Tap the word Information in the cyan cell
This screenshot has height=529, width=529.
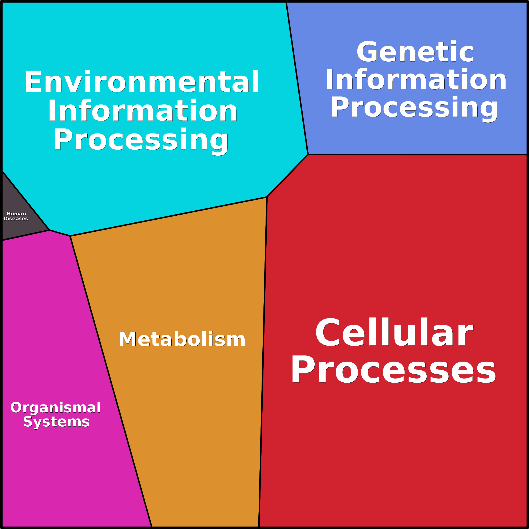pos(142,111)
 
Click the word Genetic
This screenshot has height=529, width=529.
pos(415,52)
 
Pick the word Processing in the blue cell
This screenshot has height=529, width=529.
pos(414,108)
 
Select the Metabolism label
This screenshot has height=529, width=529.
pos(182,339)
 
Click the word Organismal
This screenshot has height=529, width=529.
pos(56,408)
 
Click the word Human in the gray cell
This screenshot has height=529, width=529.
pos(16,214)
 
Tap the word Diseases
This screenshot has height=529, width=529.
pos(16,219)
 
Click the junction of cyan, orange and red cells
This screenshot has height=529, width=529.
pos(267,197)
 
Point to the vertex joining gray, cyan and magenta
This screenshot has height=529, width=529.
pos(49,230)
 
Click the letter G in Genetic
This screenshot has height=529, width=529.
pos(367,52)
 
